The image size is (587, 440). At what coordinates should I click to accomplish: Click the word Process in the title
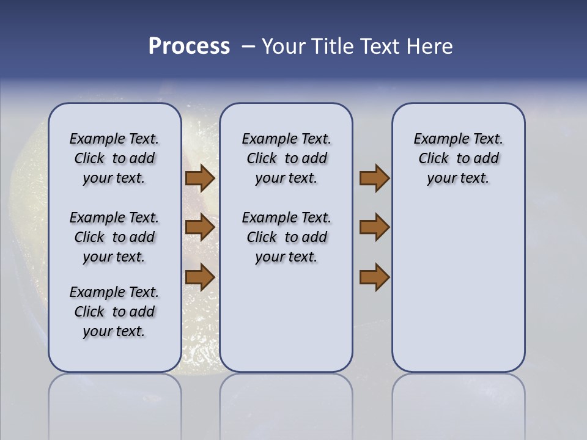click(189, 46)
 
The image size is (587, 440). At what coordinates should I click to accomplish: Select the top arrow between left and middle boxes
click(200, 178)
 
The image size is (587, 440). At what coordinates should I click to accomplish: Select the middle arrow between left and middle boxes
click(200, 227)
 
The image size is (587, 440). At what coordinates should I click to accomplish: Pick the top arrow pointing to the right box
click(374, 178)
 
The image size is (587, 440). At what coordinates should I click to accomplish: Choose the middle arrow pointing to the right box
click(374, 227)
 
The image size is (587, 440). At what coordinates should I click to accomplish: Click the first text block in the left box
click(114, 158)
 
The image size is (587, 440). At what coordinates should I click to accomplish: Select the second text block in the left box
click(114, 237)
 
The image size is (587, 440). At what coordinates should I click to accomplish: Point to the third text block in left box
click(114, 312)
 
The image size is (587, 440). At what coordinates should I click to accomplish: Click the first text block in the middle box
click(286, 158)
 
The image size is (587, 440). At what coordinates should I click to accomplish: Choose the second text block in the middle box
click(286, 237)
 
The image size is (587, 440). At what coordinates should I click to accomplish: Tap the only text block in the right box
click(459, 158)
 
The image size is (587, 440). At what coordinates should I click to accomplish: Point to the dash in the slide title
click(248, 46)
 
